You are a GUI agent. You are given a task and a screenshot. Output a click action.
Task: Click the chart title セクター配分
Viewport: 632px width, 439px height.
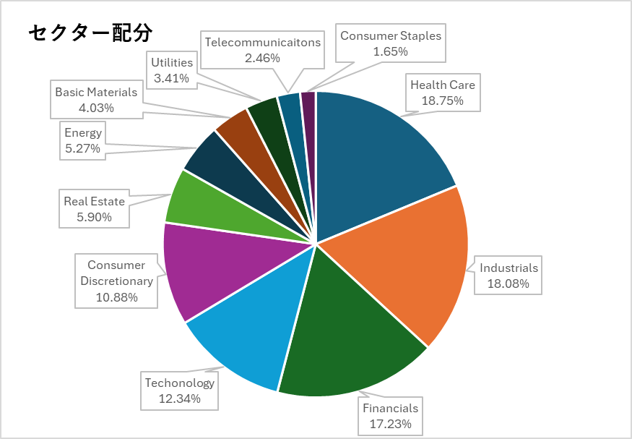pyautogui.click(x=90, y=33)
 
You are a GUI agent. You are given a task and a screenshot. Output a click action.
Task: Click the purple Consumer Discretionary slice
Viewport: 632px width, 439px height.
pyautogui.click(x=209, y=271)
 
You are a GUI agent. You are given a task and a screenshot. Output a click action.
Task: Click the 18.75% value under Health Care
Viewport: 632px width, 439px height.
pyautogui.click(x=443, y=101)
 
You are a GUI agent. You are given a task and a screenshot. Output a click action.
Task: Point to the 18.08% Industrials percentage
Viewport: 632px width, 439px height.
pyautogui.click(x=509, y=284)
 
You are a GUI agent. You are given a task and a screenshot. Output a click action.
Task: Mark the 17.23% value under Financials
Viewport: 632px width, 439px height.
pyautogui.click(x=391, y=424)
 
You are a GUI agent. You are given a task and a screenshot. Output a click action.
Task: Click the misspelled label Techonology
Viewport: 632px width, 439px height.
pyautogui.click(x=180, y=383)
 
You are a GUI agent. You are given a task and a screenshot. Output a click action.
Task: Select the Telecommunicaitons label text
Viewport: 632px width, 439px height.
pyautogui.click(x=262, y=42)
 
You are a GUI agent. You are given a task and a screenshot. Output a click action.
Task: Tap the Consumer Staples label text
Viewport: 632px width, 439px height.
pyautogui.click(x=391, y=35)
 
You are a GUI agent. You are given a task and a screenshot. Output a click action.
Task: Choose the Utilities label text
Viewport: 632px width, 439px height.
pyautogui.click(x=172, y=62)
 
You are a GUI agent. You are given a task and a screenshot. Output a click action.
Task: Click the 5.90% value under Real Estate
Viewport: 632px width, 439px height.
pyautogui.click(x=94, y=217)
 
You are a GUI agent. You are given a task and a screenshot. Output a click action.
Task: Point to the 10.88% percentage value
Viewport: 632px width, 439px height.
pyautogui.click(x=116, y=297)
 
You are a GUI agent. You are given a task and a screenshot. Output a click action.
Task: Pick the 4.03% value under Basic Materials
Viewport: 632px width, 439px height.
pyautogui.click(x=96, y=108)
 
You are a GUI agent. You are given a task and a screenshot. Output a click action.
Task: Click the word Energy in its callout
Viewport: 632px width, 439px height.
pyautogui.click(x=83, y=133)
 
